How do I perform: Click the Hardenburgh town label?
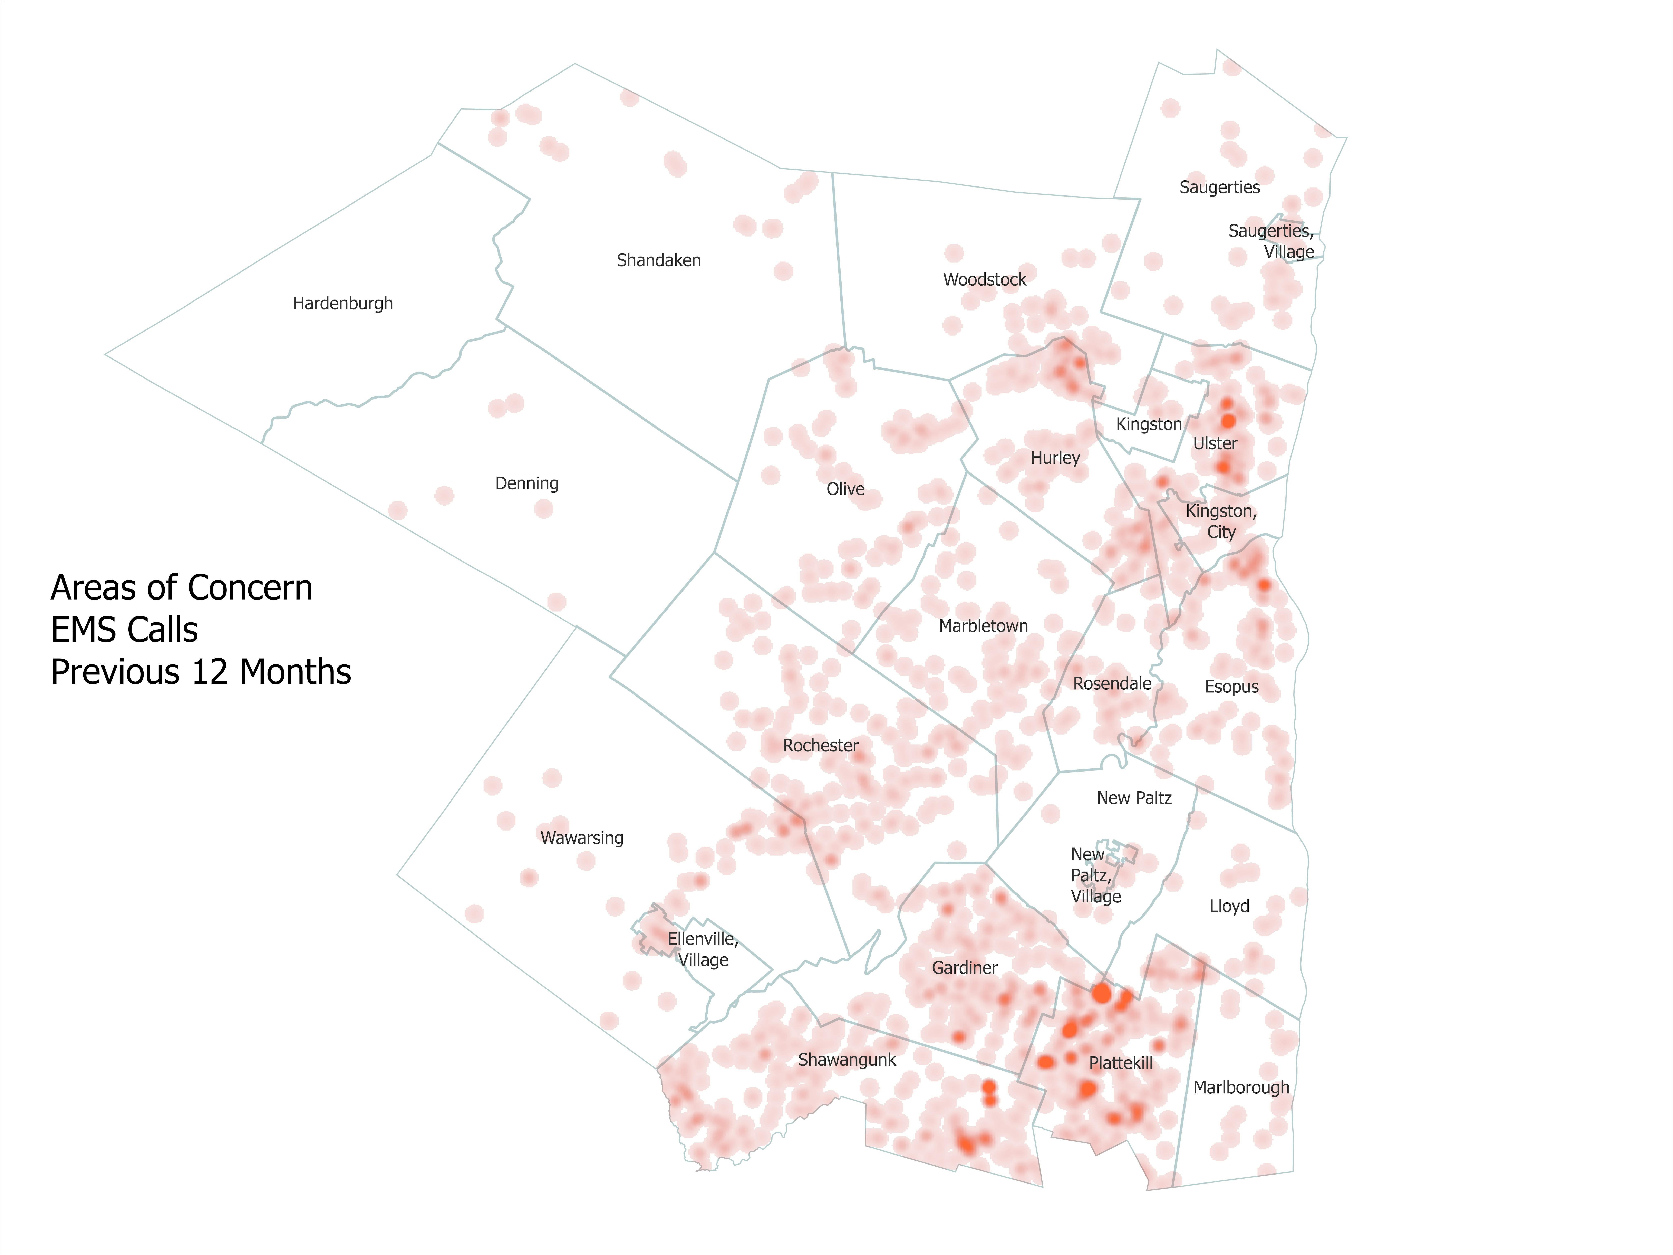click(x=343, y=303)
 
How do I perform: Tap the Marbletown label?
click(x=983, y=626)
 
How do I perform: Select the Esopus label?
click(x=1231, y=687)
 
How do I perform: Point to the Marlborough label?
click(x=1241, y=1088)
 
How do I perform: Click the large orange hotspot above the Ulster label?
click(x=1228, y=421)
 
